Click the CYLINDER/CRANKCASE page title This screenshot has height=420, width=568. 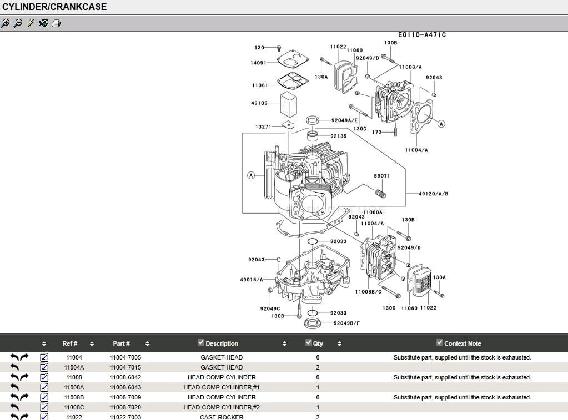[54, 7]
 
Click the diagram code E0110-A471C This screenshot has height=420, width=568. [421, 35]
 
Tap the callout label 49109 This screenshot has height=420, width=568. [259, 103]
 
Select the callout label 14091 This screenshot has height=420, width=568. [258, 63]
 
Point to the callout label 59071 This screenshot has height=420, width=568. [381, 176]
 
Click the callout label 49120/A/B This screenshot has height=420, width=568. [434, 194]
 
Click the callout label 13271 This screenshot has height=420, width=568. [263, 127]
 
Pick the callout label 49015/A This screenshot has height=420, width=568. [252, 280]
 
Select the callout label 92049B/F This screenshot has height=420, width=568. [346, 323]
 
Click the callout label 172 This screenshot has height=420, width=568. [377, 132]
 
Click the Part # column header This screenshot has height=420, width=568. [121, 343]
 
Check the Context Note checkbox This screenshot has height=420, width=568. [440, 342]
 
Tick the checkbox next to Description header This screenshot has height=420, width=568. [201, 342]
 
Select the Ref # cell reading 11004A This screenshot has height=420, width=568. [74, 367]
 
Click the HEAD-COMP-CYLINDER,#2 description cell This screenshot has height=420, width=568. [222, 407]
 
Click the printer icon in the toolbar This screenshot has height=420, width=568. [56, 23]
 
